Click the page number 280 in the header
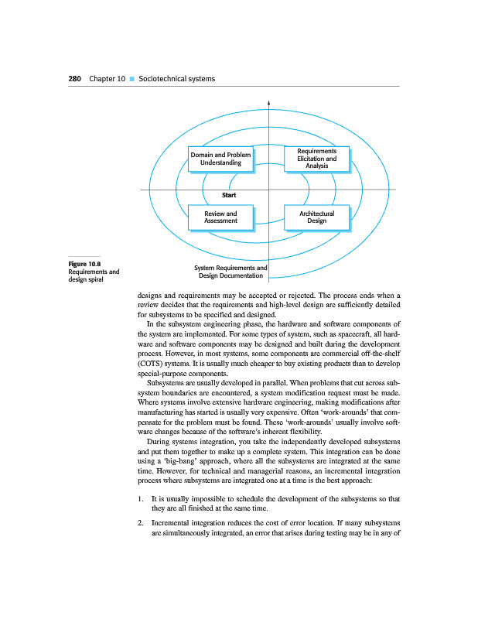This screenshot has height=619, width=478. (76, 79)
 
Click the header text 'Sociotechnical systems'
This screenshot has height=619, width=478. (176, 79)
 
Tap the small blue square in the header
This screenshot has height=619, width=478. (132, 79)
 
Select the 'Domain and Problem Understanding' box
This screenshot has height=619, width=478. (220, 159)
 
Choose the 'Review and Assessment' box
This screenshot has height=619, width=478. (220, 217)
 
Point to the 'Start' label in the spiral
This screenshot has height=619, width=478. (228, 195)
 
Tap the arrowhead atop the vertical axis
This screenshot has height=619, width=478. (268, 101)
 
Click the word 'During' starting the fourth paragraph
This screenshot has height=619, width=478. (159, 443)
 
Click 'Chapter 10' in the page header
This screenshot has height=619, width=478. (107, 79)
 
